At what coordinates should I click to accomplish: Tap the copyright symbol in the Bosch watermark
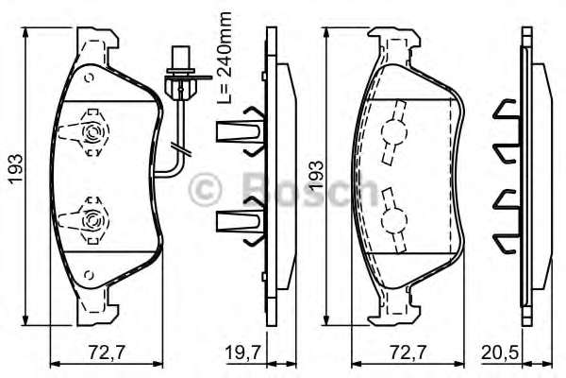click(x=206, y=189)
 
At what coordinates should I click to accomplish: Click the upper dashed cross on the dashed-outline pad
click(x=392, y=136)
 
